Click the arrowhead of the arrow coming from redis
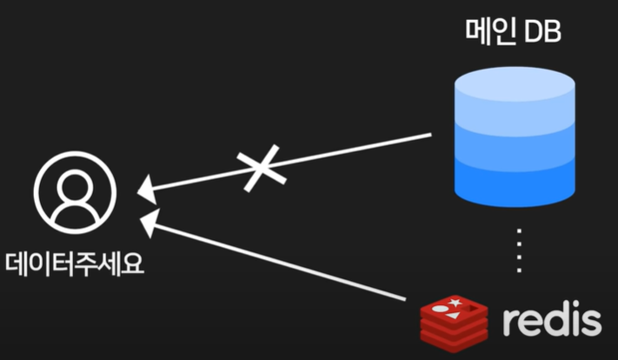point(149,219)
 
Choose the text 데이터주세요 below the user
point(75,263)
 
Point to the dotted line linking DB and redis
point(519,252)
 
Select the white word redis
point(551,321)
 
